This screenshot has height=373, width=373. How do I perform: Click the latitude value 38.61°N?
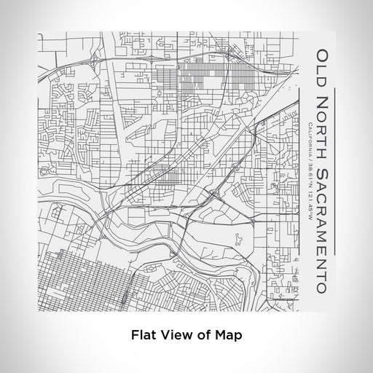click(309, 170)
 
